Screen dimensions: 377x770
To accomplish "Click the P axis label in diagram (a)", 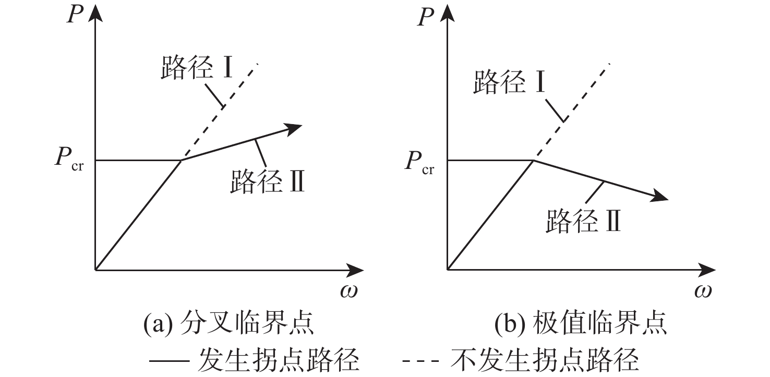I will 76,14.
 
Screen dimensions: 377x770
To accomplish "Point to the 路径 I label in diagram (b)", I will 509,82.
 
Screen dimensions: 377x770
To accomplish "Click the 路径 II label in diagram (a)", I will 267,182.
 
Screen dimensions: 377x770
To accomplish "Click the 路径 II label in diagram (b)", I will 583,221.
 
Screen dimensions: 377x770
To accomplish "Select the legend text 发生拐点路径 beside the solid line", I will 279,360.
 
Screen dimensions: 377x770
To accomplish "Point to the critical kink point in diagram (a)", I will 181,160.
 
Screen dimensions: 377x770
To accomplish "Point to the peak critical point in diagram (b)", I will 533,160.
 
